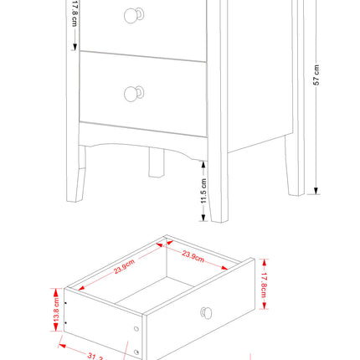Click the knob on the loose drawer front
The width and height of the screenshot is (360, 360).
[206, 313]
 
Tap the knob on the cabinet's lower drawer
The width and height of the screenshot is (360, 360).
[131, 93]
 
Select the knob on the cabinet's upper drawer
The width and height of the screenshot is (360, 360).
[131, 14]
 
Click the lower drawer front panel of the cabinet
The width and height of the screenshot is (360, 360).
[142, 92]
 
